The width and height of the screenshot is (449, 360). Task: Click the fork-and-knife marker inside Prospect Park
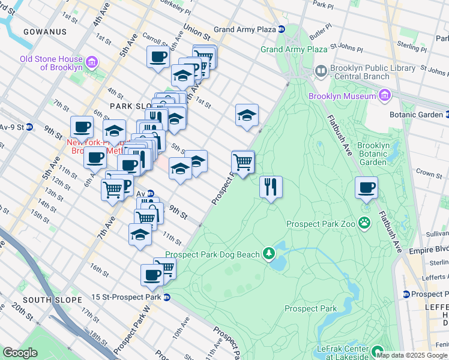coord(271,187)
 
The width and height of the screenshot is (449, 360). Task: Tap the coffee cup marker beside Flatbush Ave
coord(366,188)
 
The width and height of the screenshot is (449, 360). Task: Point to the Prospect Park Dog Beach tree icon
coord(269,254)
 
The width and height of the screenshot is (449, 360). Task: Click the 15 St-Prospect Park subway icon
coord(167,297)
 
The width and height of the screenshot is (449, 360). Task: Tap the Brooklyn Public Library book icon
coord(321,72)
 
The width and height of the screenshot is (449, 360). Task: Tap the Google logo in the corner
coord(20,352)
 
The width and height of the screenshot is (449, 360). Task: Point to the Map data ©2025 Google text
coord(412,355)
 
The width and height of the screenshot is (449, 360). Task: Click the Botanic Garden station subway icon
coord(445,114)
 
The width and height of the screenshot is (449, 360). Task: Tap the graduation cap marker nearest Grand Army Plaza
coord(246,115)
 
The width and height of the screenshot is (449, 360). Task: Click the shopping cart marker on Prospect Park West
coord(243,161)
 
